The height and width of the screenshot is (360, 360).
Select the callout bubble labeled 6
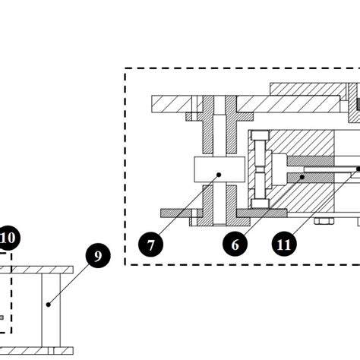point(235,245)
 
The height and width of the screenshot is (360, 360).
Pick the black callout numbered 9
point(97,256)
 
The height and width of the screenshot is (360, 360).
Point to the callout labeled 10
point(8,238)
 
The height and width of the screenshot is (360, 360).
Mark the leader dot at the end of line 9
point(48,305)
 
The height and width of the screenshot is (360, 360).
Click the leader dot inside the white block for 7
point(218,174)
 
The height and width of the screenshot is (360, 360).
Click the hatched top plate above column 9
point(42,270)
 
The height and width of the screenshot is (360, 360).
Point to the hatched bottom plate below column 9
point(42,350)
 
